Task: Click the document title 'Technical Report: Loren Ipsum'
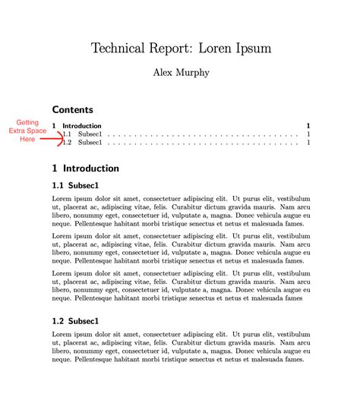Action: coord(181,48)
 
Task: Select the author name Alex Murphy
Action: coord(181,74)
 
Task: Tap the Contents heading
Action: coord(73,110)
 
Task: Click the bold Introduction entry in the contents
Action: coord(82,126)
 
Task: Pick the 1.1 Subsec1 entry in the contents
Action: coord(84,134)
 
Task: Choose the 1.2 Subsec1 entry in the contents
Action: coord(84,143)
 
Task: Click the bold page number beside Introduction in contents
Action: coord(308,126)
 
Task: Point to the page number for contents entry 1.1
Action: coord(308,134)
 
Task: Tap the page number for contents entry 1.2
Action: coord(308,143)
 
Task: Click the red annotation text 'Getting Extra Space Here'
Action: coord(27,131)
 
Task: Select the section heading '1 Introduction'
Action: coord(86,169)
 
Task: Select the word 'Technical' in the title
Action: coord(121,48)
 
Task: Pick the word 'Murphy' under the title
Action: coord(196,74)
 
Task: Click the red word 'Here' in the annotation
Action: coord(27,139)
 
